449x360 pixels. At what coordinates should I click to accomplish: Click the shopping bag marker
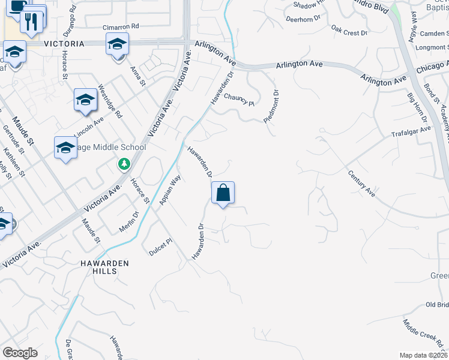223,193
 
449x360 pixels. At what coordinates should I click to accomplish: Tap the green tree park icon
124,163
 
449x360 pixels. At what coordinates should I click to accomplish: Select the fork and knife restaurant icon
31,22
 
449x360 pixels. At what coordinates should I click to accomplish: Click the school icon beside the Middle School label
65,148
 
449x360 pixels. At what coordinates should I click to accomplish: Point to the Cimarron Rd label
121,27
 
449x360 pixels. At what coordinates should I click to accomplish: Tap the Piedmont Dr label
271,107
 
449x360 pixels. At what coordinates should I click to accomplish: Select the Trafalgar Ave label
411,131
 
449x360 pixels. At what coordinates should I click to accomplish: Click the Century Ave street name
361,184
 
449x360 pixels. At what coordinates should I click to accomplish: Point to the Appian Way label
170,190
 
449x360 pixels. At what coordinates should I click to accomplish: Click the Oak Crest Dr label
349,30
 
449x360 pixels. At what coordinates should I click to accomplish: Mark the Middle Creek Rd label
422,335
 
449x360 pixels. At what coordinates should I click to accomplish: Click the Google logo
20,353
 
